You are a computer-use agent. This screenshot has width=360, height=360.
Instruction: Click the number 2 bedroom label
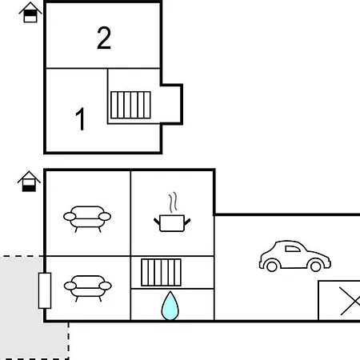pyautogui.click(x=104, y=38)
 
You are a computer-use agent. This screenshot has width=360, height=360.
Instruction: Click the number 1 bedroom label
pyautogui.click(x=80, y=119)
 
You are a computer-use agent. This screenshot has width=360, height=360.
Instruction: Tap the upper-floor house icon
pyautogui.click(x=30, y=13)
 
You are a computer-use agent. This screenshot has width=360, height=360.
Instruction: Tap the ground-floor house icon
pyautogui.click(x=29, y=182)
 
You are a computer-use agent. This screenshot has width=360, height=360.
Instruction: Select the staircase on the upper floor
pyautogui.click(x=130, y=105)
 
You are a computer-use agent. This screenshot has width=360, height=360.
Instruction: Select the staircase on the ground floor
pyautogui.click(x=161, y=272)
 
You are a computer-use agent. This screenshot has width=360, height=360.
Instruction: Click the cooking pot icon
pyautogui.click(x=172, y=223)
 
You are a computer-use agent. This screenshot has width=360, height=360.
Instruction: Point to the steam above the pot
pyautogui.click(x=173, y=202)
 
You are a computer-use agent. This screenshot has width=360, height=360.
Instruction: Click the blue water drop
pyautogui.click(x=170, y=306)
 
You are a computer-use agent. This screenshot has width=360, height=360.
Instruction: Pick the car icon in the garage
pyautogui.click(x=295, y=256)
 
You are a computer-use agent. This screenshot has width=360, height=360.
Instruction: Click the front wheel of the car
pyautogui.click(x=316, y=266)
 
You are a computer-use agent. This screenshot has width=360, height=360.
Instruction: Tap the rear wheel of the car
pyautogui.click(x=272, y=266)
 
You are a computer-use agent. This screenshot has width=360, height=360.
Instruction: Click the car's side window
pyautogui.click(x=293, y=249)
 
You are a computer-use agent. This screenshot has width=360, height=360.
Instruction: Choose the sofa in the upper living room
pyautogui.click(x=87, y=218)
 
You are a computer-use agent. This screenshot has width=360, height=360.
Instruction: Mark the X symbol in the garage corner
pyautogui.click(x=350, y=301)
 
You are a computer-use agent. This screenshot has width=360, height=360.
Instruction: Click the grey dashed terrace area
pyautogui.click(x=22, y=306)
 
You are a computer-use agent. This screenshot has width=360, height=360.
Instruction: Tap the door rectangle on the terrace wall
pyautogui.click(x=45, y=290)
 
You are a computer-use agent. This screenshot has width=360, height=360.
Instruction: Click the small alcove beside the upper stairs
pyautogui.click(x=171, y=104)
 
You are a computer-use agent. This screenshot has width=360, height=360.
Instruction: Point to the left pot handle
pyautogui.click(x=157, y=222)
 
